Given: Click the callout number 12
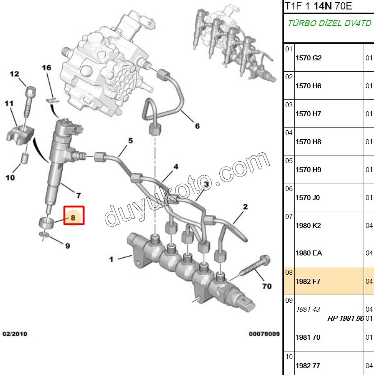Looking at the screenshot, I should click(14, 73).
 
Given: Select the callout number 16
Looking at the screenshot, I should click(47, 68).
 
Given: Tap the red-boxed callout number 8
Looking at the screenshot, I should click(74, 217).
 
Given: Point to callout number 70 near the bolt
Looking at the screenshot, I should click(267, 286).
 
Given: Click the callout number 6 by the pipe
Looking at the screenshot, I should click(197, 126).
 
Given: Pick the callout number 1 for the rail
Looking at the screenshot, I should click(111, 259).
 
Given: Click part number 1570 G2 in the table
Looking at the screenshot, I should click(308, 58).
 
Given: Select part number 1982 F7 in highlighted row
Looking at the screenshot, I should click(308, 281).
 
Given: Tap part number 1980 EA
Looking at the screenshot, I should click(309, 253).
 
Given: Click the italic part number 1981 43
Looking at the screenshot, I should click(308, 309).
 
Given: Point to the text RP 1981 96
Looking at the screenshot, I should click(346, 318).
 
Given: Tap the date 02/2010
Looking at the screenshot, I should click(15, 334).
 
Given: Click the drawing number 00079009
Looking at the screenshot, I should click(264, 334).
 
